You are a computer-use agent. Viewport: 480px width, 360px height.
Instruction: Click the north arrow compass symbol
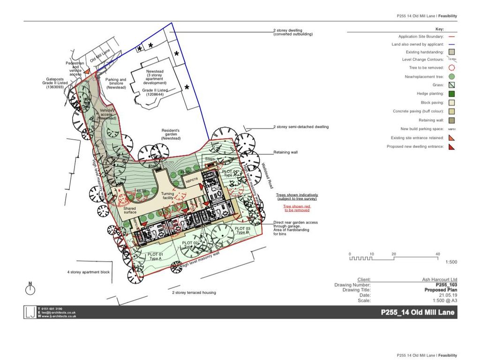30,288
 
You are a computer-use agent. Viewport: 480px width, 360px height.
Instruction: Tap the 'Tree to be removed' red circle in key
452,67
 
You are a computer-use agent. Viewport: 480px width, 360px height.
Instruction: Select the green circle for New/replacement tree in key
452,76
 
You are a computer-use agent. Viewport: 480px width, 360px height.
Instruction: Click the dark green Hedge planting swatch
452,94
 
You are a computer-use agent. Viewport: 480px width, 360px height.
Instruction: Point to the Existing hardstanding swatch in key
452,52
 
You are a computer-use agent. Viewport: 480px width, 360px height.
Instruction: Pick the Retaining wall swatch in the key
452,120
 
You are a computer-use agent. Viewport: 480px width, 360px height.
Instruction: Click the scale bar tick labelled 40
437,254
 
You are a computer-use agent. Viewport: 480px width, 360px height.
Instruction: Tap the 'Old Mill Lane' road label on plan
99,59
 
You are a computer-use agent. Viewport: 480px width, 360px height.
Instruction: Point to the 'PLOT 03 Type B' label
243,230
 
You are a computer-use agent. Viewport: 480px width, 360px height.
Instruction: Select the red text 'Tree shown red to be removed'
299,208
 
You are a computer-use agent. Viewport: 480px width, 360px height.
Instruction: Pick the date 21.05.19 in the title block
448,295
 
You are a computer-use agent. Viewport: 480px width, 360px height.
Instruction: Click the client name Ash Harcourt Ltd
439,279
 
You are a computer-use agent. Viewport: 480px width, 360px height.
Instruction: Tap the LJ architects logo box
30,312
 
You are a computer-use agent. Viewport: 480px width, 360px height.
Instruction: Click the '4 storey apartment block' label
88,272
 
